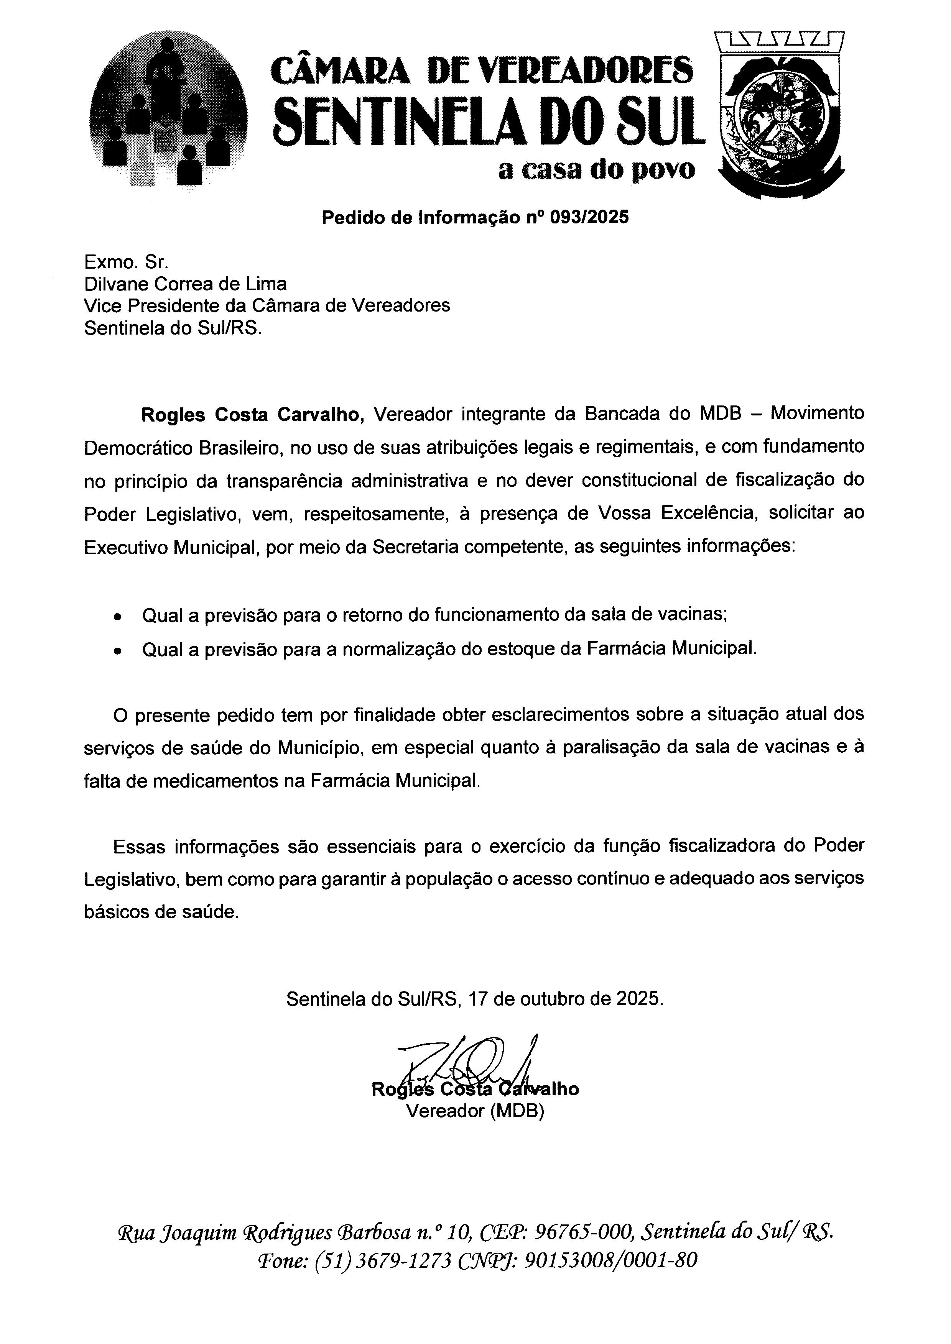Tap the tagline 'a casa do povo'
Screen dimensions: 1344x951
tap(597, 170)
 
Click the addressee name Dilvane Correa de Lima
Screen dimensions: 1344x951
tap(186, 284)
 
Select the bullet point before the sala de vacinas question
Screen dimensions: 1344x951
tap(118, 617)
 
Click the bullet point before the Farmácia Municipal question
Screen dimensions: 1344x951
tap(118, 650)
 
